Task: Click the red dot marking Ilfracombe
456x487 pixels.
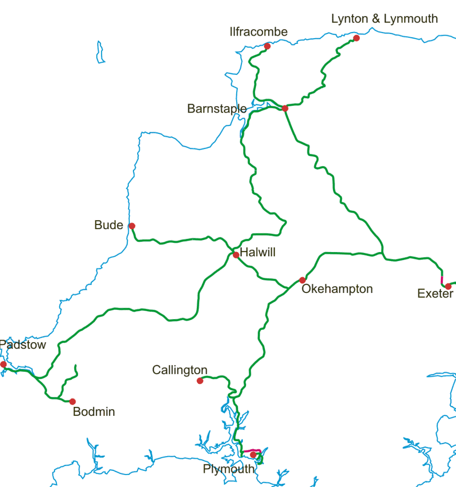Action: [267, 46]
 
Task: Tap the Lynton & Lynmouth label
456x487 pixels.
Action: [384, 19]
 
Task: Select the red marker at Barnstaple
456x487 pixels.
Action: [285, 108]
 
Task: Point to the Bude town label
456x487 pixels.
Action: [108, 225]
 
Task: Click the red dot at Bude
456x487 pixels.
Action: [132, 226]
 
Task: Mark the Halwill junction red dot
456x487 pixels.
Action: [236, 255]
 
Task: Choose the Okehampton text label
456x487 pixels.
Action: [337, 289]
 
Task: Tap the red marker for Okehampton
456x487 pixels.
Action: [302, 280]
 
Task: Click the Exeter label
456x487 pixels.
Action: [435, 294]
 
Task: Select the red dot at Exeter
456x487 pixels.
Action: [448, 286]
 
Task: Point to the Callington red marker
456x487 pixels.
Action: [200, 381]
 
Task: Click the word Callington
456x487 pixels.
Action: [180, 370]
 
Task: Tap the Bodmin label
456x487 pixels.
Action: [94, 412]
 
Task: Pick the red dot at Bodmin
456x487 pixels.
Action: [72, 402]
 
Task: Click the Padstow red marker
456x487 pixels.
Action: [3, 364]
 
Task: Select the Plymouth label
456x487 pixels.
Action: [228, 469]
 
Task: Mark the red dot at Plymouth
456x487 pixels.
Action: [253, 455]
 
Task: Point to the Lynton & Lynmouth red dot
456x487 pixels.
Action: [357, 38]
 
